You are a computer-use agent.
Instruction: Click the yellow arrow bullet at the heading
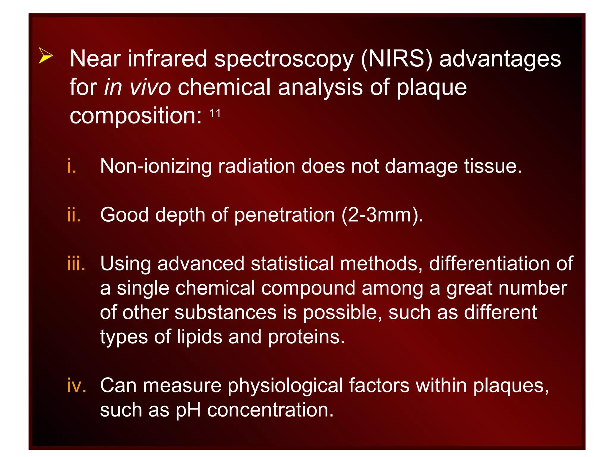pyautogui.click(x=45, y=55)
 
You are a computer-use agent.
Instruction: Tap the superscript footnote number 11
pyautogui.click(x=215, y=113)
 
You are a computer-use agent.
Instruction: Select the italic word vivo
pyautogui.click(x=150, y=87)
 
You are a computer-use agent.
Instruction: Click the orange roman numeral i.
pyautogui.click(x=72, y=166)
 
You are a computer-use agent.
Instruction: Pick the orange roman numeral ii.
pyautogui.click(x=74, y=215)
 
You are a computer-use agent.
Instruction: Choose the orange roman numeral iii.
pyautogui.click(x=76, y=264)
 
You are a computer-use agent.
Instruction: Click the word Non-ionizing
pyautogui.click(x=156, y=166)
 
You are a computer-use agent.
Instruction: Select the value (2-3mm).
pyautogui.click(x=382, y=215)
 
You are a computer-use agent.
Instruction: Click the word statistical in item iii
pyautogui.click(x=292, y=264)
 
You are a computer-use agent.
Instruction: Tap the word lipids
pyautogui.click(x=200, y=337)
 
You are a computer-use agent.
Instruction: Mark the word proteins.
pyautogui.click(x=306, y=337)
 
